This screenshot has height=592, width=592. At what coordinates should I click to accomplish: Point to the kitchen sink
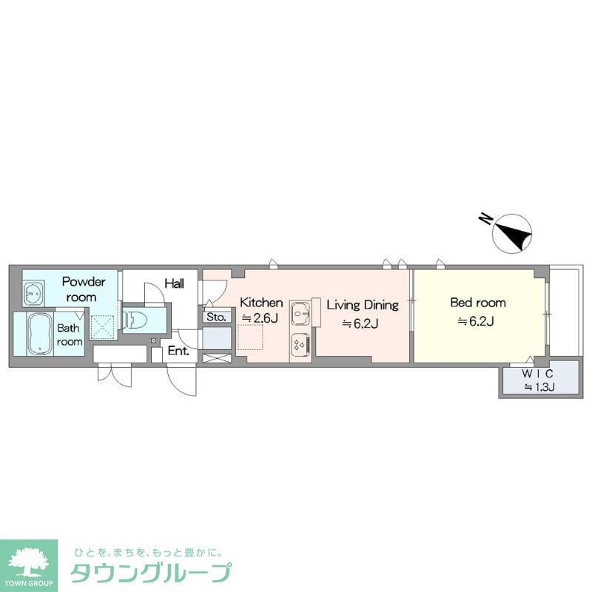coord(301,314)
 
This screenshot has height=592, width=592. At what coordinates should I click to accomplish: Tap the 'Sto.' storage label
coord(217,317)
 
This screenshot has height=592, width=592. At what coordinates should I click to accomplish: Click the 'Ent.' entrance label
coord(178,351)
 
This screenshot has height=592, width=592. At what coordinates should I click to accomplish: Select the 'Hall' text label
coord(175,283)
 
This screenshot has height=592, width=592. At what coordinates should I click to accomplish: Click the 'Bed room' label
coord(478,303)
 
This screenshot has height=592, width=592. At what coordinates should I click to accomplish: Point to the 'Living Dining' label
coord(363,304)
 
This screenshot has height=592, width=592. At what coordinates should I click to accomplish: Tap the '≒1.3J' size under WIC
coord(539,386)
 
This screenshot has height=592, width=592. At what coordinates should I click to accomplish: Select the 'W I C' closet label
coord(538,373)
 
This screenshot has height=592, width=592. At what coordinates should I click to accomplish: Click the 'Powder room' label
coord(84,289)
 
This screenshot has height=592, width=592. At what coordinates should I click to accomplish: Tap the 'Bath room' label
coord(70,334)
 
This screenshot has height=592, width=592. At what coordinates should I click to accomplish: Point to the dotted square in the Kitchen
coord(250,339)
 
